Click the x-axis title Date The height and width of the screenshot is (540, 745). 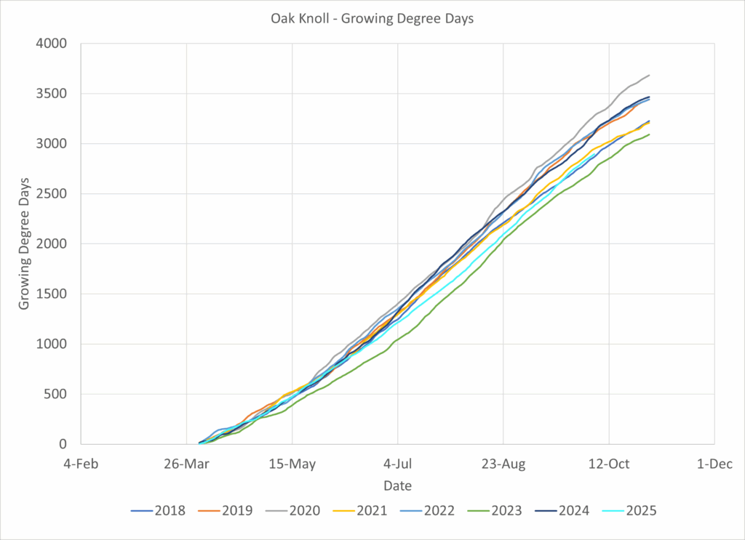[x=397, y=485]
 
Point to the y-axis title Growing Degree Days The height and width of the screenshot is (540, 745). [x=24, y=244]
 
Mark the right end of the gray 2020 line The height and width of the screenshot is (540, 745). [x=649, y=75]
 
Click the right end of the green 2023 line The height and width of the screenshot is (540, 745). [x=649, y=134]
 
